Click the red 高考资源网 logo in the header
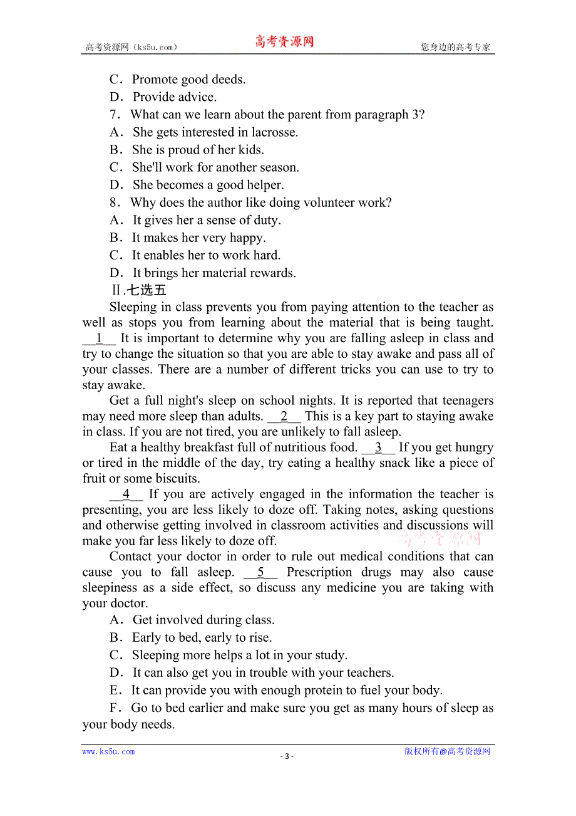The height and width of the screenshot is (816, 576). pos(284,42)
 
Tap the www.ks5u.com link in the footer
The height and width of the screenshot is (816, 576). pos(108,751)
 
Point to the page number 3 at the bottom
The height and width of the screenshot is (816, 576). pos(287,756)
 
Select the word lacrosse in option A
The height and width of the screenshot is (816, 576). pos(274,132)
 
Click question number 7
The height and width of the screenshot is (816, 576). pos(114,115)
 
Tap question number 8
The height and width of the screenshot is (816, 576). pos(114,202)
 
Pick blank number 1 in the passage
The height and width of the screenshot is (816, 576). pos(99,338)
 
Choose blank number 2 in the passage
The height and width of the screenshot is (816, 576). pos(284,417)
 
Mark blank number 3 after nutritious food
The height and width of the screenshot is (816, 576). pos(378,448)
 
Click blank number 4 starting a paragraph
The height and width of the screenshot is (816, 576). pos(126,494)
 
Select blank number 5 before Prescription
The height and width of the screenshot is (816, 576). pos(260,572)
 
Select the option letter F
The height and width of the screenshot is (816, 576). pos(114,708)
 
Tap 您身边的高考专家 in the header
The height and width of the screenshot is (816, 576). pos(455,47)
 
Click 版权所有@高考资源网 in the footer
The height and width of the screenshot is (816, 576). pos(447,751)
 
